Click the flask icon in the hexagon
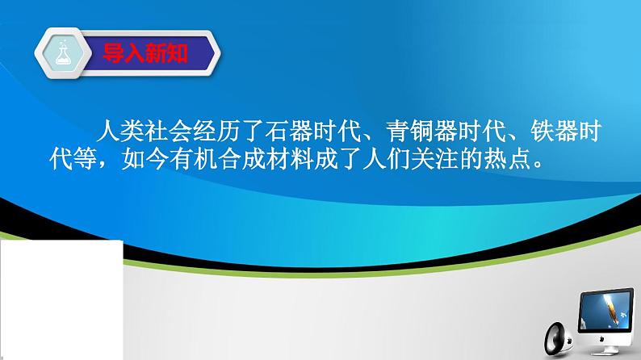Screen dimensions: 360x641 tap(61, 53)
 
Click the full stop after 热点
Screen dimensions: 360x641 tap(528, 164)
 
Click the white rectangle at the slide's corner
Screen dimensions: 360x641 tap(61, 299)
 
